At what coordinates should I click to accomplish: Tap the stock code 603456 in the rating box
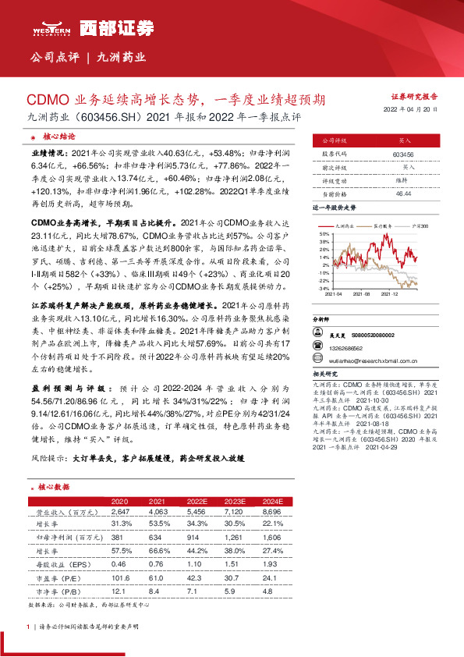click(x=403, y=155)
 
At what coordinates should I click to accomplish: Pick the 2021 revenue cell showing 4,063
click(x=158, y=512)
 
